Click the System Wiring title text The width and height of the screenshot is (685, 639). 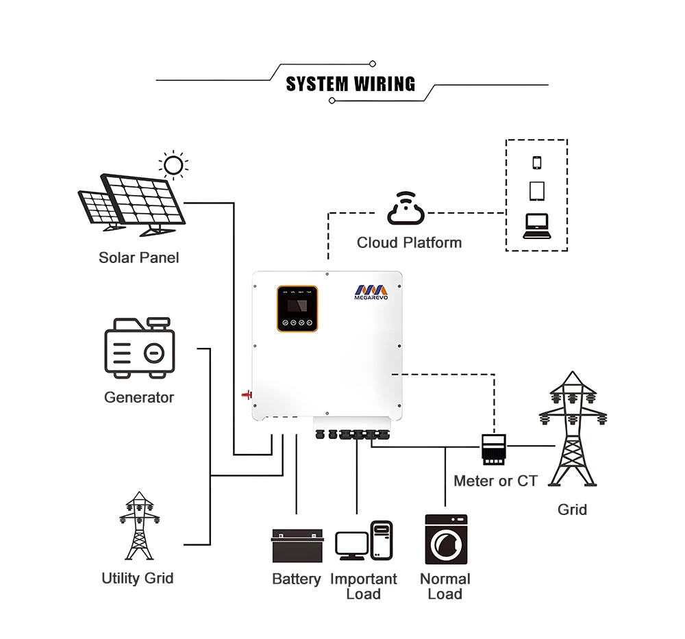tap(350, 84)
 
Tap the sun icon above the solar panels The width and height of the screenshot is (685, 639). tap(173, 165)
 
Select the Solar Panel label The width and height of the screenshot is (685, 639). tap(138, 258)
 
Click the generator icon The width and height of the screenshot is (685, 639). tap(140, 347)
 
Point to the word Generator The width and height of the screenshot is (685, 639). tap(139, 397)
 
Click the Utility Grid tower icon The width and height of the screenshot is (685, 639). tap(140, 526)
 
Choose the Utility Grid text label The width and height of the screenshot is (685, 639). tap(138, 578)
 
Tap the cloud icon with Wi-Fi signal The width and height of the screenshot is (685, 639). tap(406, 210)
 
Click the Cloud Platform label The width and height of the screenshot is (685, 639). tap(409, 242)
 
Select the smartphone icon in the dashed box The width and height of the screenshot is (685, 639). tap(536, 162)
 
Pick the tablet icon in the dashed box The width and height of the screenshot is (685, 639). tap(536, 191)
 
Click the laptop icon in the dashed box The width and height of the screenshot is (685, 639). tap(536, 225)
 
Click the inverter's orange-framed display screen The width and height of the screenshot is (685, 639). tap(297, 309)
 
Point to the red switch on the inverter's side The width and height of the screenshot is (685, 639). tap(247, 394)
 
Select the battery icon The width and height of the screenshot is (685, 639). tap(297, 546)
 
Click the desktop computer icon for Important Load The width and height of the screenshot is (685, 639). tap(364, 541)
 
